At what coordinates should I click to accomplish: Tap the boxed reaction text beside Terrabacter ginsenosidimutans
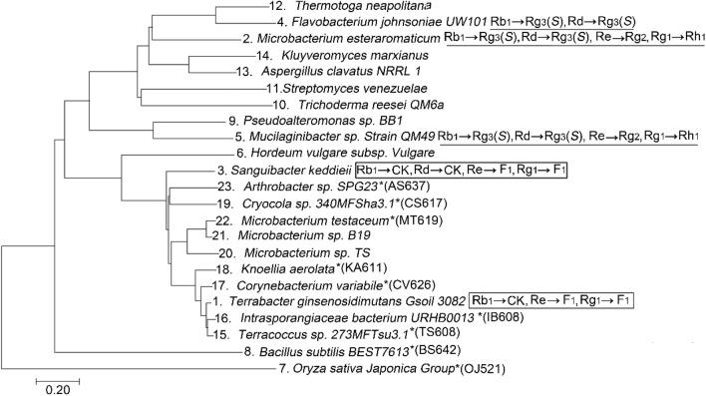click(553, 300)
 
